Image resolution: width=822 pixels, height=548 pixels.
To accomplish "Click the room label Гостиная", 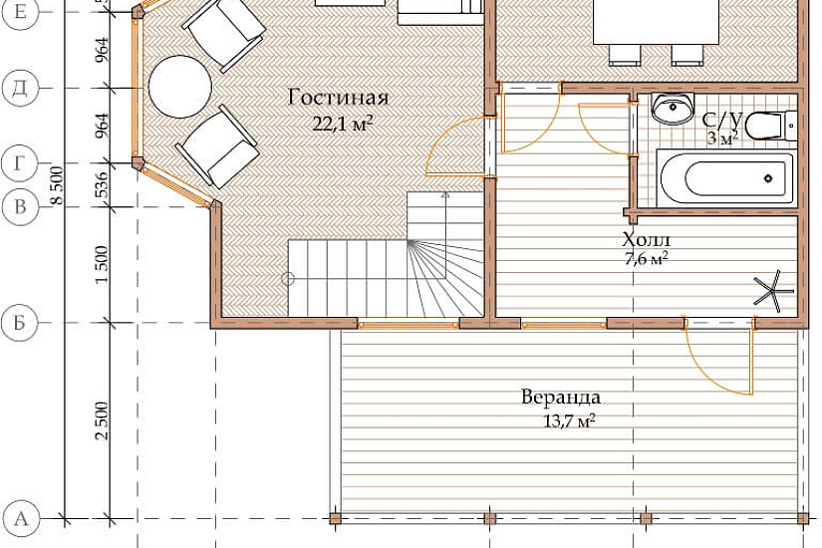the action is (x=339, y=98).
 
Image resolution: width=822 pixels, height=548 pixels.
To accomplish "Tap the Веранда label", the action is (x=561, y=397).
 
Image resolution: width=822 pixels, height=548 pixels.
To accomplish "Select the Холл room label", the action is (x=647, y=240).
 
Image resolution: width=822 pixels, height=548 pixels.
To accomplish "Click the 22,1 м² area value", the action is (x=343, y=124).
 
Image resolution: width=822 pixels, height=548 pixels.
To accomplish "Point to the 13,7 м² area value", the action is (x=569, y=420).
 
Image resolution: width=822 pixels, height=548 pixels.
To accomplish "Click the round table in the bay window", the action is (x=179, y=87).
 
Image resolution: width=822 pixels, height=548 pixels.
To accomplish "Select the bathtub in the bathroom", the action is (x=727, y=178).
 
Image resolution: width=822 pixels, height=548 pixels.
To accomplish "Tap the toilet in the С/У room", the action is (x=770, y=127).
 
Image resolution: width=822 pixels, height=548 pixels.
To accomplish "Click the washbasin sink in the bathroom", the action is (x=673, y=109).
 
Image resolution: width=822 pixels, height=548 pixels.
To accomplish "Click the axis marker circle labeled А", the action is (x=20, y=519).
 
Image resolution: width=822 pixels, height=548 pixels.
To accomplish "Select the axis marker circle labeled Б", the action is (x=20, y=323).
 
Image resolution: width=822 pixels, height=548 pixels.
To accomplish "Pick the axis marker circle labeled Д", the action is (x=20, y=88).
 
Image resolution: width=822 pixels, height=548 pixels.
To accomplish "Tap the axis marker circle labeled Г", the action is (x=20, y=164).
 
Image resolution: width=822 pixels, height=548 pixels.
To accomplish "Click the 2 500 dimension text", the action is (x=102, y=420).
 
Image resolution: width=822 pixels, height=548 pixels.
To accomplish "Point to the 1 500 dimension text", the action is (x=102, y=265).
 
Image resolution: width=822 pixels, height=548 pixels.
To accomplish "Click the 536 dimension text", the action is (x=102, y=184).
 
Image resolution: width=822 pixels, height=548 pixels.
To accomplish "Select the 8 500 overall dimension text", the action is (x=57, y=186).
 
